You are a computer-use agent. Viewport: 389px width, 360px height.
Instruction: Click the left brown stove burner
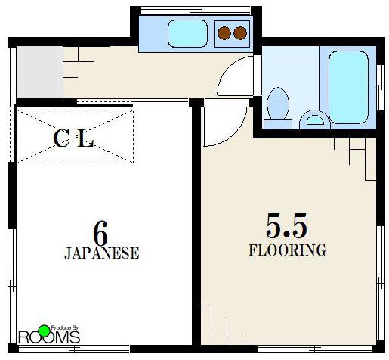click(x=224, y=33)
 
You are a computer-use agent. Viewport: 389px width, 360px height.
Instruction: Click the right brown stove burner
click(x=240, y=33)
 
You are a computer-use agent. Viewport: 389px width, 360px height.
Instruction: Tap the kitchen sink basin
click(x=188, y=34)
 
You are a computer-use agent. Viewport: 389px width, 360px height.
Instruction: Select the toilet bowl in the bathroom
click(x=278, y=104)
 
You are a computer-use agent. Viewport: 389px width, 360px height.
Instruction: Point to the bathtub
click(x=348, y=87)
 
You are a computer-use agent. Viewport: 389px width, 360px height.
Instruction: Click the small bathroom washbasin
click(x=315, y=120)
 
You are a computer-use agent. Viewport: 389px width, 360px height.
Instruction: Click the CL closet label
click(x=73, y=138)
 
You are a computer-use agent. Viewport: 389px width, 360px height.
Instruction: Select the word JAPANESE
click(x=102, y=253)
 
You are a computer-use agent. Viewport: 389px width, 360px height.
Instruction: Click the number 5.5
click(x=286, y=226)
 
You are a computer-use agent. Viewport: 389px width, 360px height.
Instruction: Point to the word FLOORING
click(x=287, y=250)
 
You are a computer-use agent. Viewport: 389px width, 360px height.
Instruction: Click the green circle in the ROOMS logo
click(x=45, y=331)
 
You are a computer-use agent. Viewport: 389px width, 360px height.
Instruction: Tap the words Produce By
click(x=65, y=328)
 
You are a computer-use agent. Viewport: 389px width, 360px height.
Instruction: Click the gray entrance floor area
click(x=39, y=72)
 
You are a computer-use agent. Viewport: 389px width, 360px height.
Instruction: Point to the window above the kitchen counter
click(x=196, y=11)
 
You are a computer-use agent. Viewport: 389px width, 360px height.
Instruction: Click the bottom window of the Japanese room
click(x=74, y=349)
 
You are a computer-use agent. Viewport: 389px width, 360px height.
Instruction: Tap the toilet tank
click(x=278, y=125)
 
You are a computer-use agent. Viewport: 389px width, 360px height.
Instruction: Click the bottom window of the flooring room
click(x=315, y=349)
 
